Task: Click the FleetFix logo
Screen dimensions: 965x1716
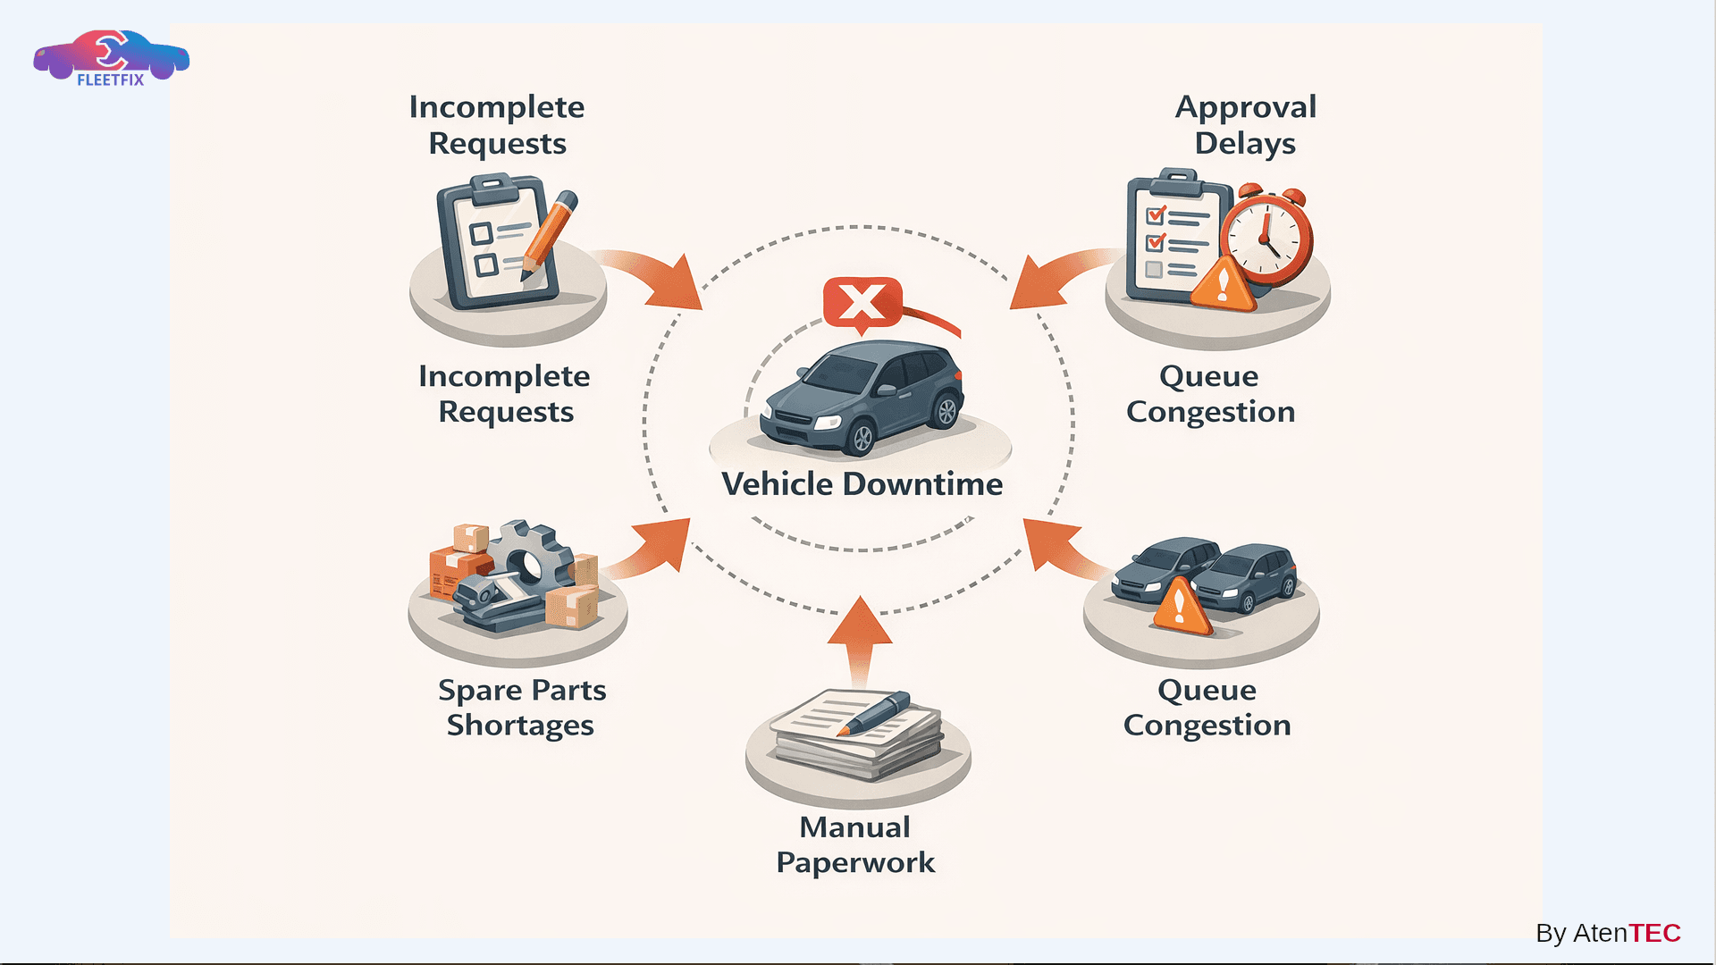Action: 111,58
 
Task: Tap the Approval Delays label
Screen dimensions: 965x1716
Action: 1245,125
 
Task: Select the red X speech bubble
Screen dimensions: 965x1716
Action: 862,302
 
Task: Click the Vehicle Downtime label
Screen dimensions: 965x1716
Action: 862,484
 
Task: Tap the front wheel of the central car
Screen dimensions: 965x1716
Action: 862,439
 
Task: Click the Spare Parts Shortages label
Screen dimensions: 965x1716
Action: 521,708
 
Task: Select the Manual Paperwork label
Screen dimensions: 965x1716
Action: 855,844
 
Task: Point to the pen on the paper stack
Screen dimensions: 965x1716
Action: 875,713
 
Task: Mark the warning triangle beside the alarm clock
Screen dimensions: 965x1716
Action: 1223,284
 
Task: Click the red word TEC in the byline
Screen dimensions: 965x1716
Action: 1654,933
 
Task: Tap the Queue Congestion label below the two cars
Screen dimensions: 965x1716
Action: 1207,708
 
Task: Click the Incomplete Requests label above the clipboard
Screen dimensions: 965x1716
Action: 497,125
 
